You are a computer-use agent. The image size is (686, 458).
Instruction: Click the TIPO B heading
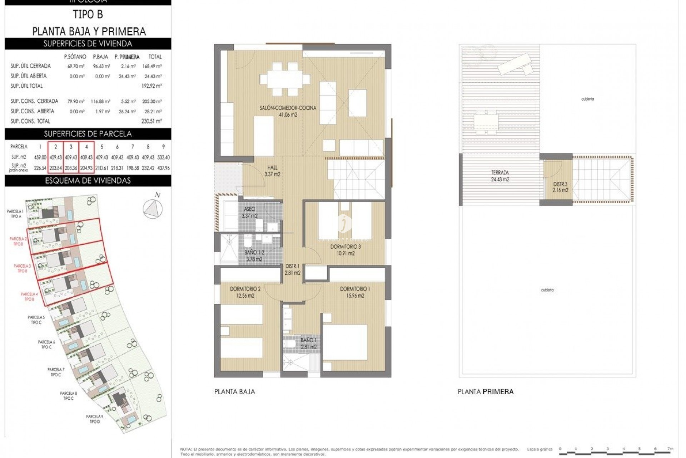point(88,15)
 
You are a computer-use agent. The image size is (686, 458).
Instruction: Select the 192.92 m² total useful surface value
point(151,86)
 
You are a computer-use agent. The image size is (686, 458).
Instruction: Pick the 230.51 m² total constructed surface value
point(151,121)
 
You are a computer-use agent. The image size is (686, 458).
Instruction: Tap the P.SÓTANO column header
point(75,57)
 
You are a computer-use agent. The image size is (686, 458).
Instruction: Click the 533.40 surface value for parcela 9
point(163,157)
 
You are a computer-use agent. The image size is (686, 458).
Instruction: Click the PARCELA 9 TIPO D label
point(95,419)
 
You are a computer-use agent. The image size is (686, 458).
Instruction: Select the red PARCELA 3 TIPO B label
point(22,268)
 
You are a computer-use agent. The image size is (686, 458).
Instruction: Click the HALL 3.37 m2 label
point(272,171)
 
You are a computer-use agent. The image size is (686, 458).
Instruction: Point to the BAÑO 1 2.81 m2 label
point(308,343)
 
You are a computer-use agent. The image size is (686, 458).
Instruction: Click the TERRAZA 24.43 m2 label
point(500,176)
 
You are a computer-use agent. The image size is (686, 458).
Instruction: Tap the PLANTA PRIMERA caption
point(486,392)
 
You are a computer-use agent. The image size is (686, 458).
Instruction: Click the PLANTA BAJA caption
point(235,392)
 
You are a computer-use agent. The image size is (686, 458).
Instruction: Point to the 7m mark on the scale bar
point(670,449)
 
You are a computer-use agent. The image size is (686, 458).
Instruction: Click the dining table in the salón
point(285,78)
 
